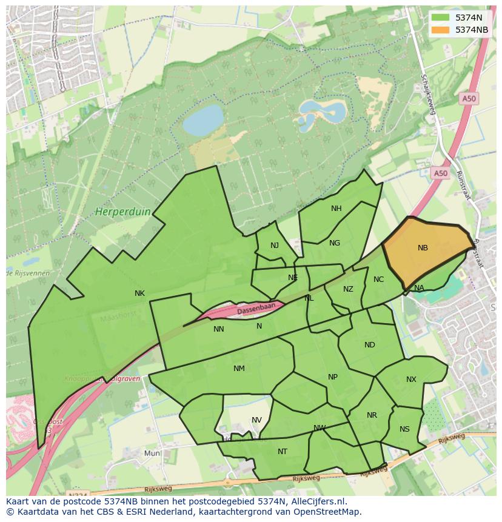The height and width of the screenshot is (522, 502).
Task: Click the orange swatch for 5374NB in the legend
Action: pyautogui.click(x=441, y=30)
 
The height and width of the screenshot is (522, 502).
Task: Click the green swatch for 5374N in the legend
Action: pyautogui.click(x=441, y=18)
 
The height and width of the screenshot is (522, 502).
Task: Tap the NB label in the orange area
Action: pyautogui.click(x=423, y=248)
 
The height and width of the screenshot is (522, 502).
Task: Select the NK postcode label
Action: pyautogui.click(x=139, y=293)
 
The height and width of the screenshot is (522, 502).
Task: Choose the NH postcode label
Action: pyautogui.click(x=336, y=209)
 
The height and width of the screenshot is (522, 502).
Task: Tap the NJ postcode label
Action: pyautogui.click(x=275, y=246)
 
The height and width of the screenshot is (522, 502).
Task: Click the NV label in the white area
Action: pyautogui.click(x=256, y=420)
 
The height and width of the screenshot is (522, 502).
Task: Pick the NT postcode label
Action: pyautogui.click(x=283, y=452)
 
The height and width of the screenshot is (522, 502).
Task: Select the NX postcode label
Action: pyautogui.click(x=411, y=380)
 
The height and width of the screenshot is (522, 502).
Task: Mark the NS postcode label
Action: pyautogui.click(x=404, y=429)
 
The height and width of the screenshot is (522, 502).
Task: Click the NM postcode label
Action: pyautogui.click(x=239, y=369)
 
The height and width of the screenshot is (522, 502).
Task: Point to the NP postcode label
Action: pyautogui.click(x=332, y=377)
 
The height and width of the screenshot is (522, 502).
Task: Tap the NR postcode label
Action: pyautogui.click(x=372, y=415)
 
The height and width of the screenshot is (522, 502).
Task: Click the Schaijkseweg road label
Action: pyautogui.click(x=428, y=94)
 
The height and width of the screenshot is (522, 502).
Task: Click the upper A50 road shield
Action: pyautogui.click(x=468, y=99)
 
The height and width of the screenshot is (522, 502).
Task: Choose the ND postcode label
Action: pyautogui.click(x=369, y=345)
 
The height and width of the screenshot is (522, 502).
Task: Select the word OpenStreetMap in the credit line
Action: pyautogui.click(x=326, y=512)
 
